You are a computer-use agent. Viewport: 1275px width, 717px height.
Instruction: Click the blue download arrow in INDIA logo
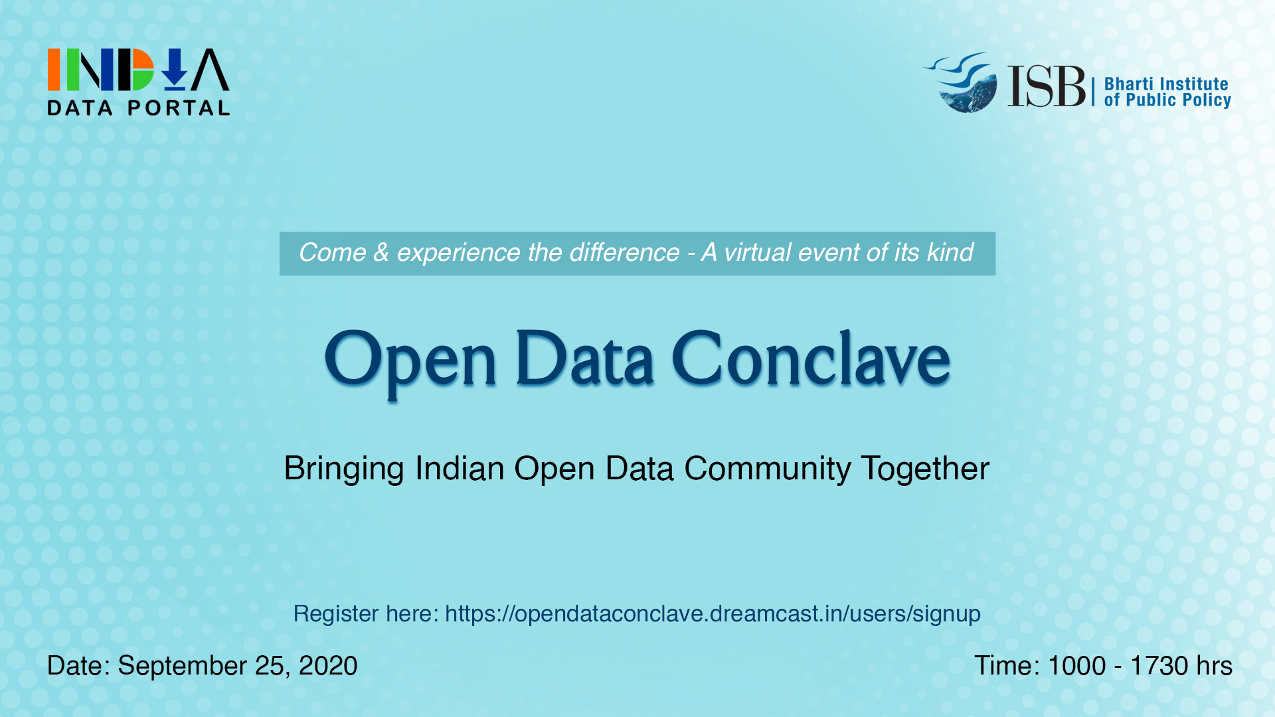pos(175,70)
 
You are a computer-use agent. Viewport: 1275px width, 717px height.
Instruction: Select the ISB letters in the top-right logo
pos(1046,86)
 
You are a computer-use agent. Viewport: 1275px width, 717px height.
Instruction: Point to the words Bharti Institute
pos(1166,84)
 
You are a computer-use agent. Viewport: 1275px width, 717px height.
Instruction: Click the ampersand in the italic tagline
pos(381,253)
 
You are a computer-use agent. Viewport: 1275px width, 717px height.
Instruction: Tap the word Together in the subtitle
pos(925,469)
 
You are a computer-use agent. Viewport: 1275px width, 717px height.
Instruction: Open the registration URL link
pos(712,613)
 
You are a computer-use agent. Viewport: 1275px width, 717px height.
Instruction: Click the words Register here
pos(366,613)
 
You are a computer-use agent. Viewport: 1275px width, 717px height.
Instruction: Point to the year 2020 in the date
pos(328,666)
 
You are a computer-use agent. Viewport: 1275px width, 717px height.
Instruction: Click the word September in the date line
pos(182,666)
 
